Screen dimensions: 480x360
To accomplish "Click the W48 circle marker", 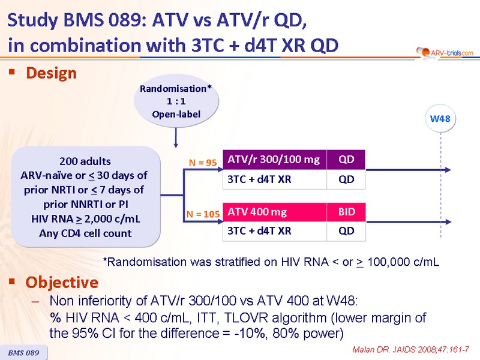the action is click(x=440, y=118).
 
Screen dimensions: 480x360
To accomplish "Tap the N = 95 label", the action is click(x=203, y=163).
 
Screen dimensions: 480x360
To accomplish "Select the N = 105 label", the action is click(x=203, y=214).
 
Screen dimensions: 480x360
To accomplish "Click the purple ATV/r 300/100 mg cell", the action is click(x=275, y=160).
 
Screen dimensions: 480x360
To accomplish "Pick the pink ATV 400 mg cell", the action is click(x=275, y=212).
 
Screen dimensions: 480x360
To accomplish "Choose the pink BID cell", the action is click(x=346, y=212).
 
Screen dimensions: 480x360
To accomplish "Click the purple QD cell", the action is click(x=346, y=160).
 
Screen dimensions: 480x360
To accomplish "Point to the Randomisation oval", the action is click(x=176, y=101).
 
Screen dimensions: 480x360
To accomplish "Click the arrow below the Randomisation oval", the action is click(x=176, y=138).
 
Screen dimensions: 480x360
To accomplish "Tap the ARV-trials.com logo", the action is click(x=445, y=53).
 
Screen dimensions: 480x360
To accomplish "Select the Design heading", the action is click(x=51, y=73).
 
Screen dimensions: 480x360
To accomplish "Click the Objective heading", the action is click(x=62, y=282).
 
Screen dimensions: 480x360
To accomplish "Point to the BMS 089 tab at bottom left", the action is click(x=23, y=353).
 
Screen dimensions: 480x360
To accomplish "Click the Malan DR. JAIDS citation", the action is click(x=411, y=350).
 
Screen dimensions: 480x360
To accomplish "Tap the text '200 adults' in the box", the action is click(x=85, y=161).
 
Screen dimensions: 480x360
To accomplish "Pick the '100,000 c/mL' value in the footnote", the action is click(x=403, y=262).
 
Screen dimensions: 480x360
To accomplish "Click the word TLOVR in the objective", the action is click(x=246, y=318).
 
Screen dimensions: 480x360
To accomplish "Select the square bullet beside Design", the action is click(x=12, y=72).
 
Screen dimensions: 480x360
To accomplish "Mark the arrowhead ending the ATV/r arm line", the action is click(x=448, y=170).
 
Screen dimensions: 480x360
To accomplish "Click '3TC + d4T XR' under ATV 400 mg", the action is click(x=259, y=231).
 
